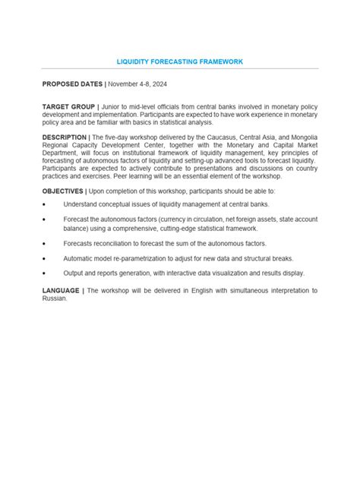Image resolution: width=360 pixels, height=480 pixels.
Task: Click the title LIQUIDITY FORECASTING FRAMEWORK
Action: pyautogui.click(x=179, y=61)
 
